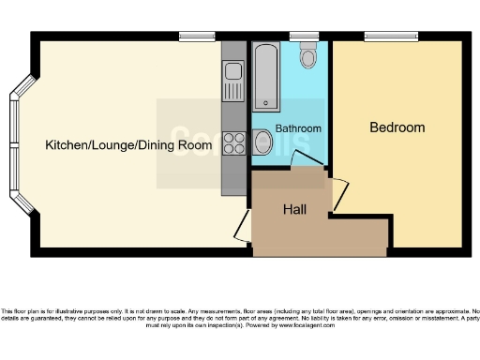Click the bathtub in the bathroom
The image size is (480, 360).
click(x=265, y=76)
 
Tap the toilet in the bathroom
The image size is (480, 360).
click(x=307, y=58)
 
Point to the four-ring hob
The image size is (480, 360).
click(x=232, y=144)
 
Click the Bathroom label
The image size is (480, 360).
click(x=299, y=128)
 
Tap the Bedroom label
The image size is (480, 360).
click(x=397, y=127)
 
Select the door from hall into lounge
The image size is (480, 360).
click(x=241, y=225)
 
